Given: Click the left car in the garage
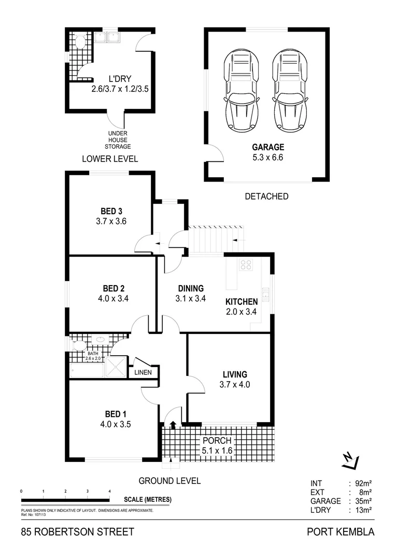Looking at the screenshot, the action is click(241, 90).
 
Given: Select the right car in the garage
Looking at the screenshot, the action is click(290, 90).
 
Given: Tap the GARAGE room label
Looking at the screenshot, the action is click(268, 147).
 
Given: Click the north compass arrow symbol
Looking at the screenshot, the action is click(350, 461).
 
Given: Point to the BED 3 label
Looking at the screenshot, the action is click(111, 212).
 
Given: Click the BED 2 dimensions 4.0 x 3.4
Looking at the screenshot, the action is click(114, 299).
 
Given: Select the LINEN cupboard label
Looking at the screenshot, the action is click(143, 372).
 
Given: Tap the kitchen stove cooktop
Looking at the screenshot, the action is click(246, 264).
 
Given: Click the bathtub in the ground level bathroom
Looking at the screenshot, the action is click(87, 370).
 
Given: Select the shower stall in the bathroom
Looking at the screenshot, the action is click(116, 367).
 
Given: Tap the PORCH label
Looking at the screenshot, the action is click(217, 440).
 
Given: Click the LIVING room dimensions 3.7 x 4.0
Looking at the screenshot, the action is click(235, 385).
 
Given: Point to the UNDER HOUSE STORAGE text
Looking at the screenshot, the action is click(118, 140).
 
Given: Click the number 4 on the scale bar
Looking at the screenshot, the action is click(109, 492).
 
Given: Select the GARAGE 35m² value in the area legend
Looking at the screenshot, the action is click(363, 501).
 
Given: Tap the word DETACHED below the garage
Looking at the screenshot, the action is click(267, 197).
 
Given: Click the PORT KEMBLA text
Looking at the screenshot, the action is click(341, 532).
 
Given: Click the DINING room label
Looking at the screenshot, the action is click(191, 289).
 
